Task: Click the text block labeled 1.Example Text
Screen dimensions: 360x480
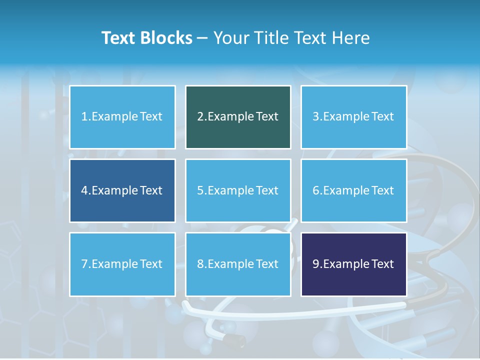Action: (x=122, y=117)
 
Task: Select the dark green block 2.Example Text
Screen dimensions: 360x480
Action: (x=238, y=117)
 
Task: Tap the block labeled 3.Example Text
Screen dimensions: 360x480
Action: (x=353, y=117)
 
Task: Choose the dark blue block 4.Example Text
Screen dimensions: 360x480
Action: (x=122, y=190)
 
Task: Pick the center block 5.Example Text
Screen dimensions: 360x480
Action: (x=238, y=190)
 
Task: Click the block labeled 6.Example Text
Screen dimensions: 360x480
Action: (x=353, y=190)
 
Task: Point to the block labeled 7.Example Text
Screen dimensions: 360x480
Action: (x=122, y=264)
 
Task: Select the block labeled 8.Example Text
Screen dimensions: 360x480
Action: (x=238, y=264)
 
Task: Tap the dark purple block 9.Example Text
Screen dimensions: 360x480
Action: (x=353, y=264)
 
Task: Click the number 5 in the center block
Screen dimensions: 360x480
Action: (x=200, y=190)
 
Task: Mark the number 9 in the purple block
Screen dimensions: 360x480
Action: (x=316, y=264)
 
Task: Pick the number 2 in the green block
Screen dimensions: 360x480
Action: (x=200, y=117)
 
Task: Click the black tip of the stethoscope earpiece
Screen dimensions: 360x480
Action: (x=234, y=340)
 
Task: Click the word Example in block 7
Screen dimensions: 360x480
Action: (x=114, y=264)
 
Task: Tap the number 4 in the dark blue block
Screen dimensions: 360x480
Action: (x=84, y=190)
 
